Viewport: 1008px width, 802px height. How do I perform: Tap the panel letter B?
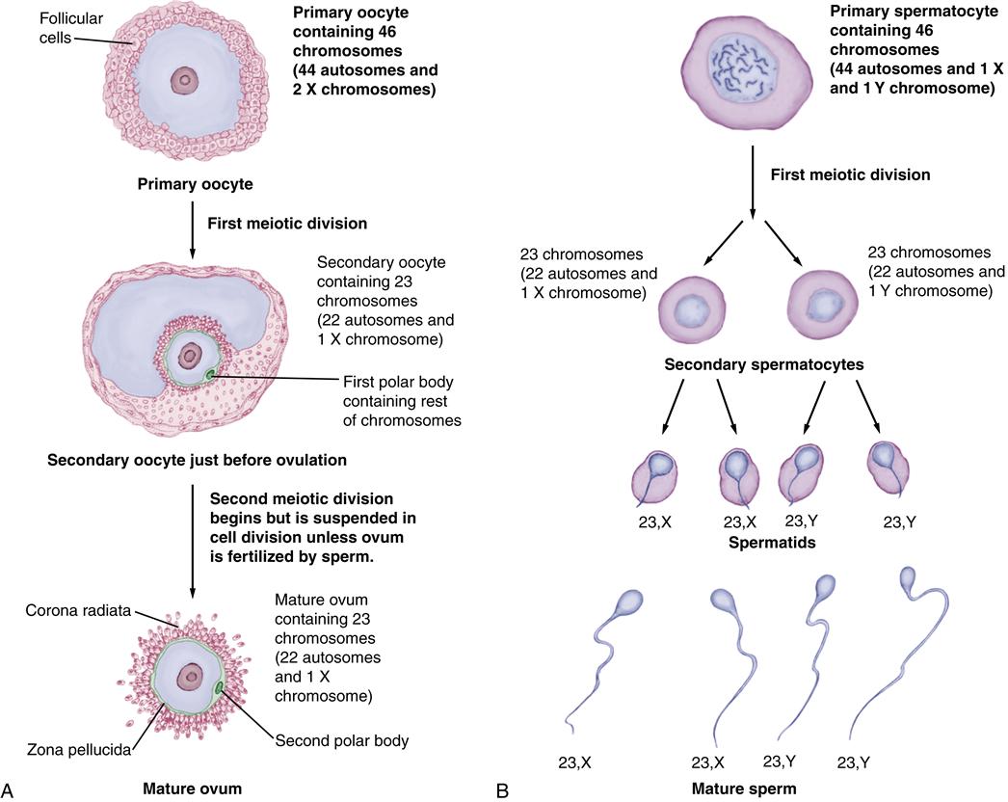[502, 789]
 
